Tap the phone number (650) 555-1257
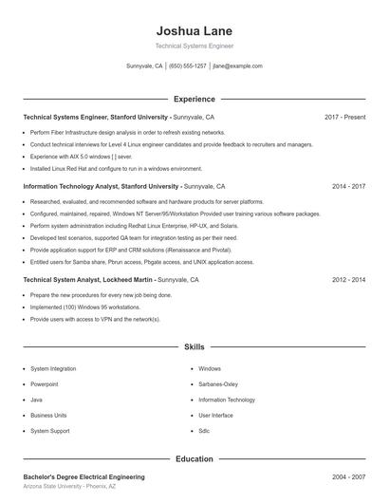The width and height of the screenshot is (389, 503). point(187,66)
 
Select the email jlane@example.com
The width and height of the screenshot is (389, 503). point(237,66)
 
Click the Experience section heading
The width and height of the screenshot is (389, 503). point(194,99)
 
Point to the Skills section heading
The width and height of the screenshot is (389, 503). point(194,348)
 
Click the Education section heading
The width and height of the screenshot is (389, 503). point(194,458)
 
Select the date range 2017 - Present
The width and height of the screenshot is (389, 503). point(344,117)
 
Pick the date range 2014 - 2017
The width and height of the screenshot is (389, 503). point(348,187)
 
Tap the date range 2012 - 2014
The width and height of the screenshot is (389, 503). point(348,280)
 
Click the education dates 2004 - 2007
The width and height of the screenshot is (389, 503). point(348,476)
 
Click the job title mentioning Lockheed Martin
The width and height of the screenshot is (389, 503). point(111,280)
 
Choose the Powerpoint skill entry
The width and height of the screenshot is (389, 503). point(45,384)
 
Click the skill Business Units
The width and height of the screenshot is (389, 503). point(48,415)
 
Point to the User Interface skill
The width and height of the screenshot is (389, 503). point(216,415)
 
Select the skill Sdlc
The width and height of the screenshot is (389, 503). point(204,431)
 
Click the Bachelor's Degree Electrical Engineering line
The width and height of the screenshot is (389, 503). point(83,476)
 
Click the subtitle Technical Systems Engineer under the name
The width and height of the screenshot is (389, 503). point(194,46)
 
